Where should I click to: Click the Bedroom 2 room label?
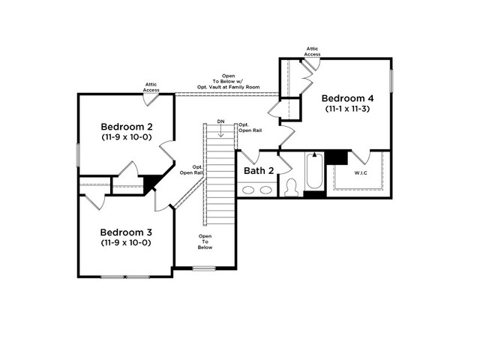pyautogui.click(x=127, y=127)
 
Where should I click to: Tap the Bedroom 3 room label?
pyautogui.click(x=126, y=232)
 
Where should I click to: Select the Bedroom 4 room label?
pyautogui.click(x=347, y=98)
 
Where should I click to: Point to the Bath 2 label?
pyautogui.click(x=259, y=170)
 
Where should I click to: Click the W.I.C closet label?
pyautogui.click(x=361, y=173)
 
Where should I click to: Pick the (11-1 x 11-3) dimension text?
pyautogui.click(x=347, y=109)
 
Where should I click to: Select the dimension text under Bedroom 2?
pyautogui.click(x=127, y=136)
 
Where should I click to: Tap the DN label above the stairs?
pyautogui.click(x=220, y=121)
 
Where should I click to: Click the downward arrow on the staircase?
pyautogui.click(x=220, y=130)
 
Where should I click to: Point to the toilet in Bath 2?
pyautogui.click(x=291, y=187)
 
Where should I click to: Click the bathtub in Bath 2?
pyautogui.click(x=314, y=171)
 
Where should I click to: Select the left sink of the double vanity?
pyautogui.click(x=248, y=190)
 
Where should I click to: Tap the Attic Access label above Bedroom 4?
pyautogui.click(x=312, y=52)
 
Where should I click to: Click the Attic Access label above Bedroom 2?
pyautogui.click(x=151, y=87)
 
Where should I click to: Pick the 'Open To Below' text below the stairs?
pyautogui.click(x=205, y=241)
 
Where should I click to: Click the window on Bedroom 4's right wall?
pyautogui.click(x=391, y=81)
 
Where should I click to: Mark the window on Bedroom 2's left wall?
pyautogui.click(x=78, y=155)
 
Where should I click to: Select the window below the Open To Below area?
pyautogui.click(x=204, y=268)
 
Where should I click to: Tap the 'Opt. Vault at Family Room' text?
pyautogui.click(x=228, y=87)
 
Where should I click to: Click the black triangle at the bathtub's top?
pyautogui.click(x=314, y=154)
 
